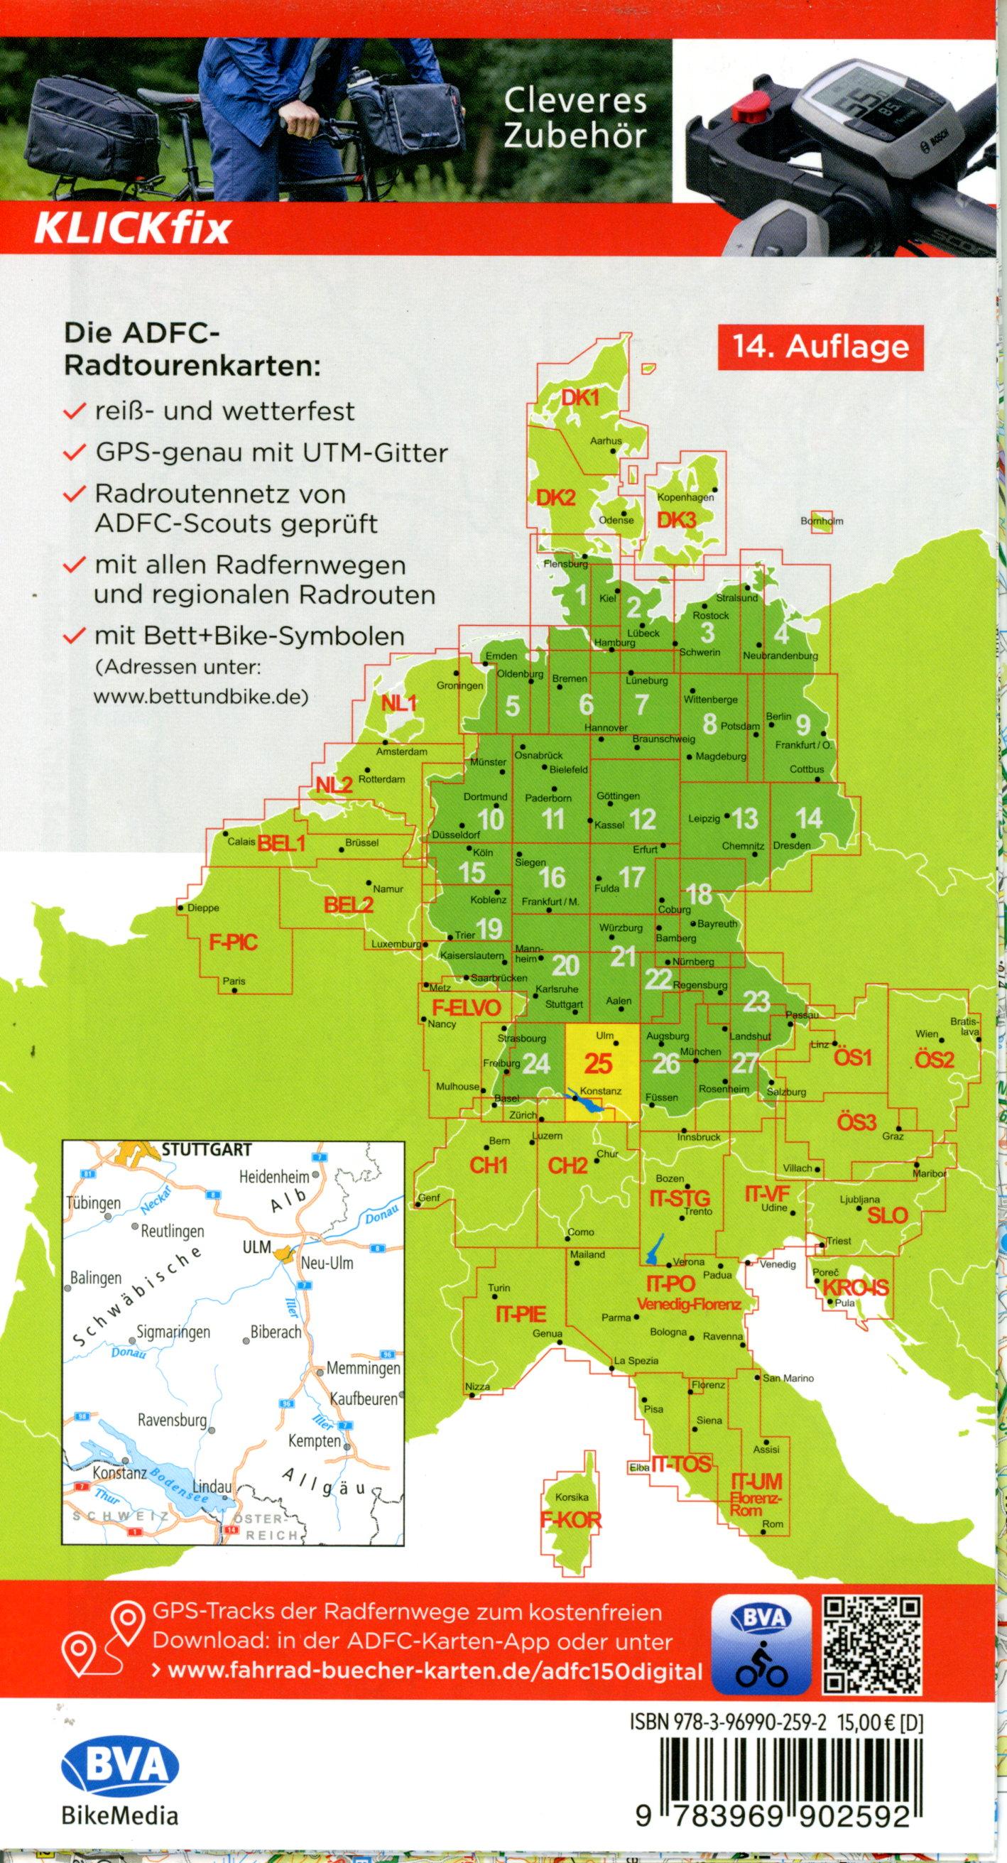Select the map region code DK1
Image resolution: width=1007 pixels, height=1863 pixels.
click(579, 398)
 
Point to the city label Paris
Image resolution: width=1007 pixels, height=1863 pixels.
click(234, 982)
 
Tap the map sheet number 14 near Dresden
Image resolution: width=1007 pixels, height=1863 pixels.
click(808, 818)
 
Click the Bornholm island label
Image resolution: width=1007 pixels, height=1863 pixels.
click(822, 521)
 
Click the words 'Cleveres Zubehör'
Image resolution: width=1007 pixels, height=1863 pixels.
click(575, 119)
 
